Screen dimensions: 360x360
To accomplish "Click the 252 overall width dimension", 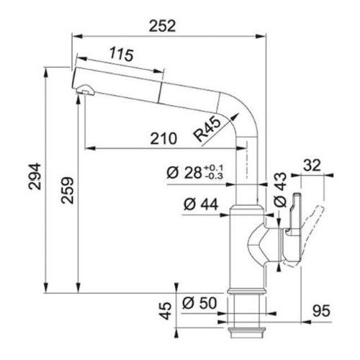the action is click(163, 26).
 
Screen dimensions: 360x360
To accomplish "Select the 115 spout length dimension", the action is click(122, 55).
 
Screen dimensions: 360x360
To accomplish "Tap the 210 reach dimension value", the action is click(163, 138).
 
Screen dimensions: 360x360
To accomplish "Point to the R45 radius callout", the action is click(207, 130).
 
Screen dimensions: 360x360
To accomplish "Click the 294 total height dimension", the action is click(35, 176).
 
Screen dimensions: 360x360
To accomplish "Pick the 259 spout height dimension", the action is click(67, 191).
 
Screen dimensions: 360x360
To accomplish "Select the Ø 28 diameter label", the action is click(184, 173).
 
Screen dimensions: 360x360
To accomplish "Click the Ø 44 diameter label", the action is click(201, 204).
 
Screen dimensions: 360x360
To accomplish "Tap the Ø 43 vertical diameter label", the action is click(280, 190).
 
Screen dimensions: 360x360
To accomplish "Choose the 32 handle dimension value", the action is click(312, 166).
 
